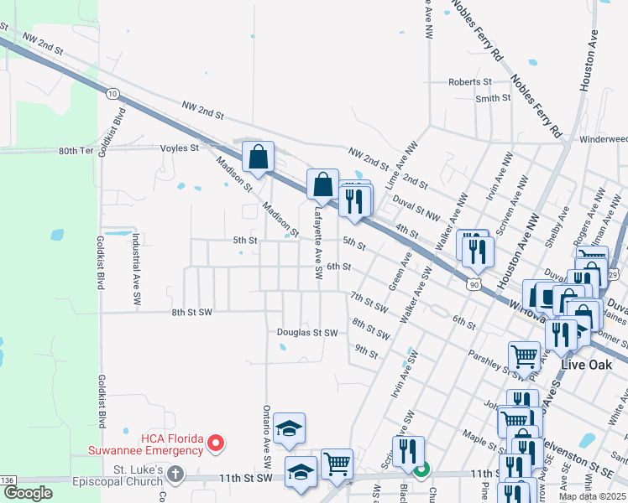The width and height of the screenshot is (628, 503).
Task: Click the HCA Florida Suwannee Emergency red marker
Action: click(216, 443)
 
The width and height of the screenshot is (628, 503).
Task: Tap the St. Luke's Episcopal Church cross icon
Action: click(175, 474)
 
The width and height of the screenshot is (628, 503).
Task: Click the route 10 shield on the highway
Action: click(113, 94)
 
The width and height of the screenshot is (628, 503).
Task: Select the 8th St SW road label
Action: click(191, 312)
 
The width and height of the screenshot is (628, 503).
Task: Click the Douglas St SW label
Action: click(307, 333)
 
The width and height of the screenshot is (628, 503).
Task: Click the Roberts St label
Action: click(469, 82)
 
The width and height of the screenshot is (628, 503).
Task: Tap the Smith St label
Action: click(493, 98)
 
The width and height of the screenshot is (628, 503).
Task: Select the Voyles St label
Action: click(179, 148)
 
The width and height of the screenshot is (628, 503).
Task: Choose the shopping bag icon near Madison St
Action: click(259, 155)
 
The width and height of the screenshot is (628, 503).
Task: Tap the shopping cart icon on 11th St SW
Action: click(337, 463)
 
